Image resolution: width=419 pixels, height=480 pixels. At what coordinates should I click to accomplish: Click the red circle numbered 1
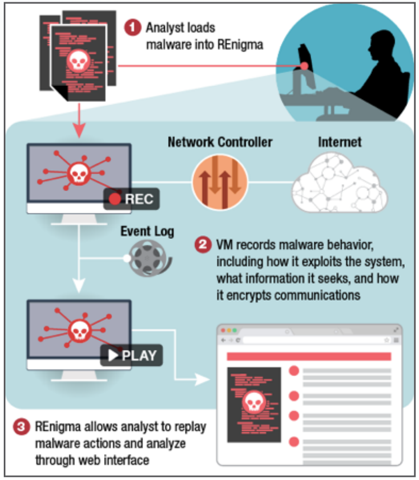(x=132, y=28)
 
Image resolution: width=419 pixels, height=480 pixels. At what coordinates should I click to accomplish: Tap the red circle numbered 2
(x=203, y=244)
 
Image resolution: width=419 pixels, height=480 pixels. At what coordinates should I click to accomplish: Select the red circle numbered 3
(x=21, y=426)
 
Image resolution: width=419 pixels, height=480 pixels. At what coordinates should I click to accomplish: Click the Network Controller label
(x=220, y=142)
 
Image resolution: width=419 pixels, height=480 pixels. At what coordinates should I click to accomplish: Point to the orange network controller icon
(x=220, y=183)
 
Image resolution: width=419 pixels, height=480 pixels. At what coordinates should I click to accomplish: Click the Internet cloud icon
(x=339, y=183)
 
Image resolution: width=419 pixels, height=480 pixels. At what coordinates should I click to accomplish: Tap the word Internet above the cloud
(x=340, y=142)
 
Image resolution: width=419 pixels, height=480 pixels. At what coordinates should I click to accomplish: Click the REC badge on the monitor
(x=131, y=199)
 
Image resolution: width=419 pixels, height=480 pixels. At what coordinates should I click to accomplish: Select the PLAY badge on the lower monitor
(x=131, y=355)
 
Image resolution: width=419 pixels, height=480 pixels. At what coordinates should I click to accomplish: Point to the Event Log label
(x=147, y=231)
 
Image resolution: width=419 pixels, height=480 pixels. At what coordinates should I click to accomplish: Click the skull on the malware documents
(x=79, y=61)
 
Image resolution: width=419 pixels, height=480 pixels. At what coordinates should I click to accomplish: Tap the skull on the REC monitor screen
(x=79, y=174)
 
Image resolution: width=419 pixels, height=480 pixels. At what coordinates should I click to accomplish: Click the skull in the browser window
(x=254, y=402)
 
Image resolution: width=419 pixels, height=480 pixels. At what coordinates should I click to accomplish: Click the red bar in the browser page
(x=309, y=356)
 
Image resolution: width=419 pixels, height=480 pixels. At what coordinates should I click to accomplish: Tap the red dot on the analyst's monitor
(x=304, y=66)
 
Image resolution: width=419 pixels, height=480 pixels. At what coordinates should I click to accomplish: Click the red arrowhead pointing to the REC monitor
(x=79, y=130)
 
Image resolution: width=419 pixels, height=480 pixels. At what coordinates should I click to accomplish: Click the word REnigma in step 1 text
(x=240, y=44)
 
